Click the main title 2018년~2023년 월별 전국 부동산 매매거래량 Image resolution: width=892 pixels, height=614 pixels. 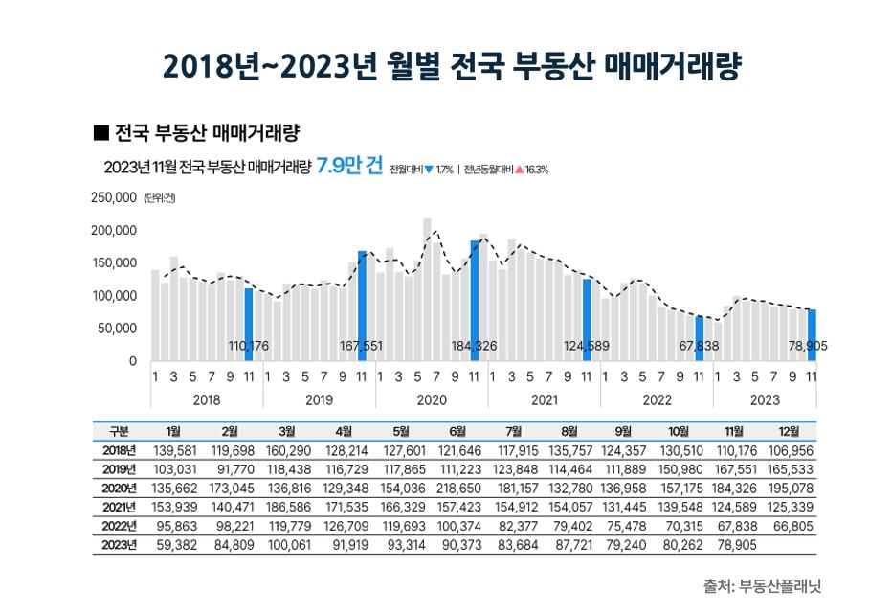click(x=446, y=65)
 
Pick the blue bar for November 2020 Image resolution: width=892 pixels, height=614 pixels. click(x=475, y=299)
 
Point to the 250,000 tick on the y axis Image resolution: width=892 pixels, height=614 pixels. click(x=114, y=198)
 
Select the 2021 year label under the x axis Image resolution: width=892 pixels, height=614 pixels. click(x=544, y=398)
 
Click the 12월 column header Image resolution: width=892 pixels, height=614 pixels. click(x=790, y=432)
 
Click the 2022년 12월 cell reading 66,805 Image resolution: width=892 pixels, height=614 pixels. click(x=790, y=527)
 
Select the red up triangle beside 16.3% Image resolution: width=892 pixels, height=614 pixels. click(x=518, y=170)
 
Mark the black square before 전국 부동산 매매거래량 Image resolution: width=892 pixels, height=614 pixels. click(x=98, y=130)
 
